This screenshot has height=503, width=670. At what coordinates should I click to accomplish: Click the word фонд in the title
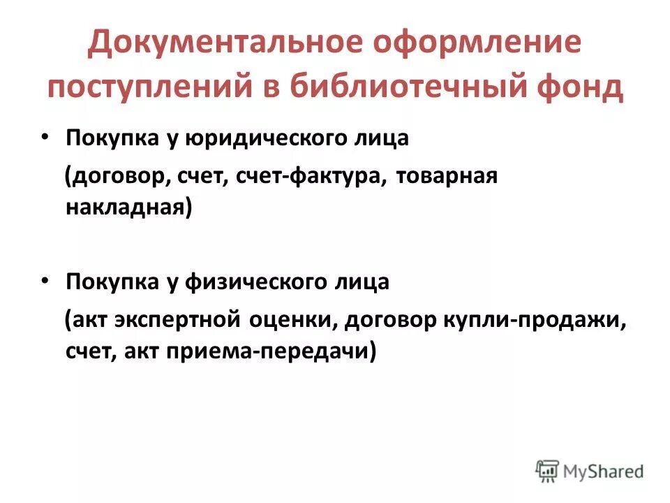point(581,87)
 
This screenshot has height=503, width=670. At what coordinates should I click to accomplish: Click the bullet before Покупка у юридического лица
point(44,138)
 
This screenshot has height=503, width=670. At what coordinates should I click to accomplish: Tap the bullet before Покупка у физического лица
point(44,282)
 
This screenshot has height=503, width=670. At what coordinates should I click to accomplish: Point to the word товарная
point(447,175)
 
